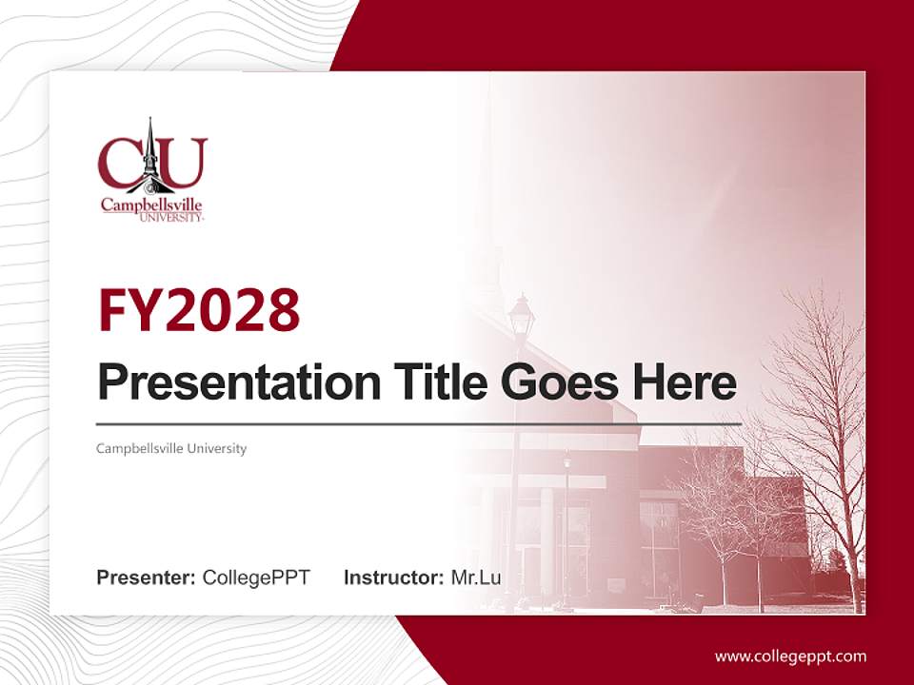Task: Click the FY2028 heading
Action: click(x=198, y=310)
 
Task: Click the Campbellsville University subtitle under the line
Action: click(x=171, y=448)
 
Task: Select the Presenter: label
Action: click(x=146, y=577)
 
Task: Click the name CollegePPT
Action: click(x=256, y=577)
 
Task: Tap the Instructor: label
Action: click(x=393, y=577)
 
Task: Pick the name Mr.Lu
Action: click(x=475, y=577)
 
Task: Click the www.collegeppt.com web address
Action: click(x=790, y=656)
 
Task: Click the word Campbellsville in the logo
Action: click(x=151, y=205)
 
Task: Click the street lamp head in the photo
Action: click(x=521, y=315)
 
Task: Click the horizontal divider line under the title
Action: click(x=419, y=423)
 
